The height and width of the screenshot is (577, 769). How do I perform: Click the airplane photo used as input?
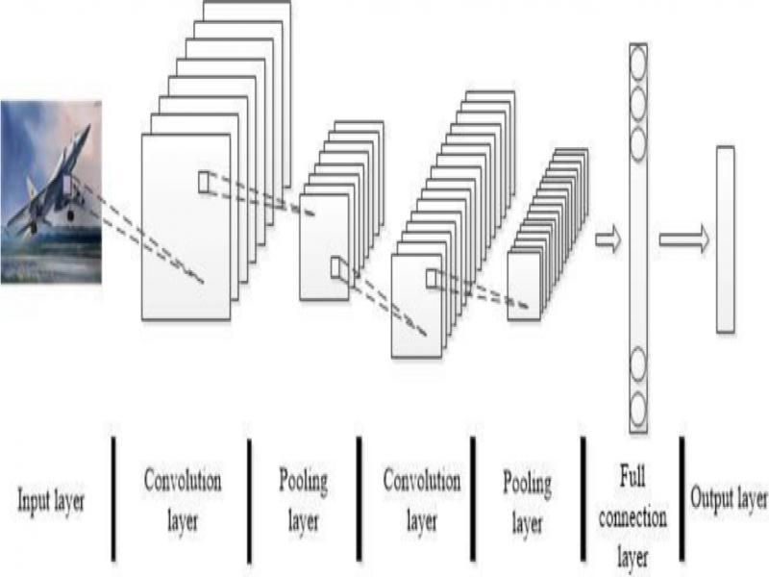[51, 191]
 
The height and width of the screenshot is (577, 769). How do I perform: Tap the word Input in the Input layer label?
[34, 501]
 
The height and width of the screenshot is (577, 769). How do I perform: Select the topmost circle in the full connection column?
[638, 63]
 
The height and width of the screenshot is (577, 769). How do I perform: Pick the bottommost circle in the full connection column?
[638, 410]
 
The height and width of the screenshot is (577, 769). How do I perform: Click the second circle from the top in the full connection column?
[638, 104]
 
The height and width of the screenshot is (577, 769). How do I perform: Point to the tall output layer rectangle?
[726, 239]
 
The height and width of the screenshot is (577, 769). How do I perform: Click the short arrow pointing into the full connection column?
[608, 239]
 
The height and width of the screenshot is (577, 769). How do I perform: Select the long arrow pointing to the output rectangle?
[684, 239]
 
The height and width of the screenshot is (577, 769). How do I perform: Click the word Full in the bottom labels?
[632, 476]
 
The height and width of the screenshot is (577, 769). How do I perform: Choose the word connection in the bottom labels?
[633, 517]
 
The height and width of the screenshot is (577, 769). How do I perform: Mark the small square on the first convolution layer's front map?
[204, 182]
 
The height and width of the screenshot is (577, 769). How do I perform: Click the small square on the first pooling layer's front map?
[335, 268]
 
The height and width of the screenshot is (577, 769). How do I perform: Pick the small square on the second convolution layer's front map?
[431, 279]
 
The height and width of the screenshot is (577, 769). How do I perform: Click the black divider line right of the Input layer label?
[113, 498]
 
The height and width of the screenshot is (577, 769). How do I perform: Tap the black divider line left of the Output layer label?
[682, 498]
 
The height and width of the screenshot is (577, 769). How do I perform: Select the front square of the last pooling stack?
[524, 287]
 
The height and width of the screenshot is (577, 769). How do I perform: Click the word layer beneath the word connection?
[633, 557]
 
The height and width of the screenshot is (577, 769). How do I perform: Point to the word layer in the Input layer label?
[69, 501]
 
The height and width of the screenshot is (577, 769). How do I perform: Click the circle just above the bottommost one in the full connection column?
[638, 364]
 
